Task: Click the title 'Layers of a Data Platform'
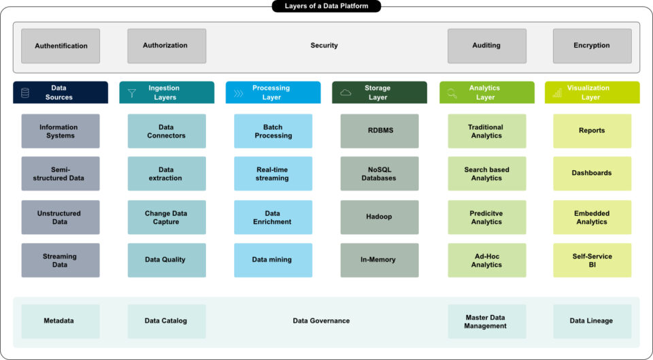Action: (x=326, y=6)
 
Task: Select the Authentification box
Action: (x=61, y=46)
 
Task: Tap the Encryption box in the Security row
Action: (x=592, y=46)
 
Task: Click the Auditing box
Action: (x=486, y=46)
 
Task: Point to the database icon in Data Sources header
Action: (x=25, y=93)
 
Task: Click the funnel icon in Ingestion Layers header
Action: (x=132, y=93)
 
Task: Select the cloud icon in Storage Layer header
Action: (x=346, y=93)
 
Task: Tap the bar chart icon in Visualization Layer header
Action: (x=558, y=93)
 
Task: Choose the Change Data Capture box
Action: (x=167, y=217)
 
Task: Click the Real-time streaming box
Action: (x=273, y=174)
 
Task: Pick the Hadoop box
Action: (x=379, y=217)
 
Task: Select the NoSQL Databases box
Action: (x=379, y=174)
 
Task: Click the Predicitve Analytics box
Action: (x=486, y=217)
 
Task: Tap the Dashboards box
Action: (x=592, y=174)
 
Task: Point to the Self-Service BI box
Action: (x=592, y=260)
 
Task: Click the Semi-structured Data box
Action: (x=61, y=174)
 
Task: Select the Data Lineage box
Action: (x=592, y=321)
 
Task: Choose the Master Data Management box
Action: (x=486, y=321)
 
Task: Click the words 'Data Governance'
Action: (x=321, y=321)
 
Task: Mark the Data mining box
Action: (x=273, y=260)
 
